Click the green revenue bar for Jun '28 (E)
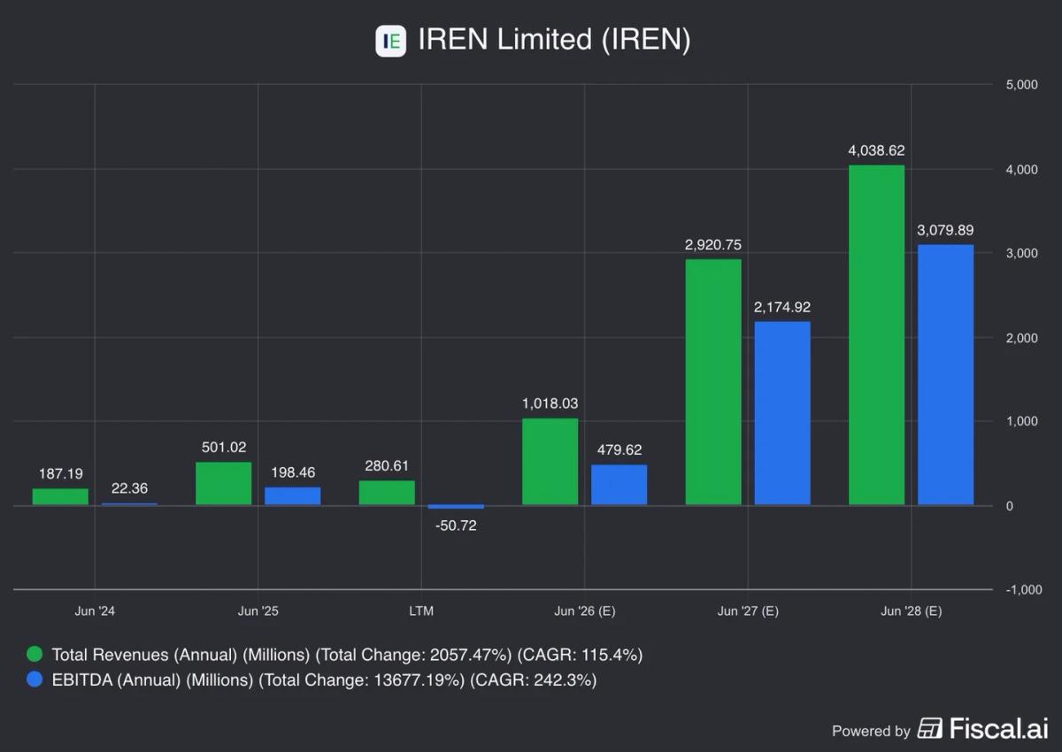click(876, 335)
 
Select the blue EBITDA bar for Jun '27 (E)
click(782, 413)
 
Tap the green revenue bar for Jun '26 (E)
click(550, 462)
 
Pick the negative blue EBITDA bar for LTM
click(456, 507)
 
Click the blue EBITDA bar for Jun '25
click(292, 496)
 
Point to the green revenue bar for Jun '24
click(60, 497)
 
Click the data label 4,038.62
click(876, 150)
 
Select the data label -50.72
click(456, 526)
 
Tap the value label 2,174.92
click(782, 307)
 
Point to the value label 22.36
click(129, 488)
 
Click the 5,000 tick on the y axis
click(1021, 85)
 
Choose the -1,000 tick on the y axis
click(1021, 590)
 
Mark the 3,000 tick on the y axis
click(1021, 254)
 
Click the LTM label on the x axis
click(421, 611)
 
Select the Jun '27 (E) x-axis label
click(748, 611)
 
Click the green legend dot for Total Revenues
click(35, 656)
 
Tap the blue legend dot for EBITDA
click(35, 680)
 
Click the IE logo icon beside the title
click(390, 41)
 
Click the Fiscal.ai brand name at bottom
click(998, 729)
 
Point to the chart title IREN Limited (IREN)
click(553, 40)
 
